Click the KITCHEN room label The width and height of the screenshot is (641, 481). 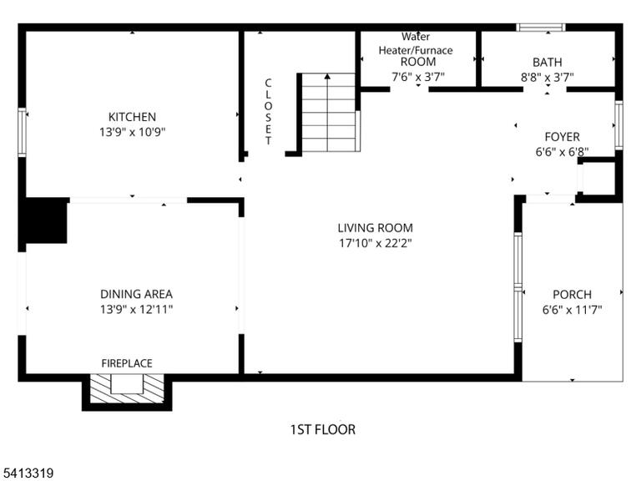[x=132, y=117]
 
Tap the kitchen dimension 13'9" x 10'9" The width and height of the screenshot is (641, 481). [x=132, y=132]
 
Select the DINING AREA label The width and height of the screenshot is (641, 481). [x=136, y=294]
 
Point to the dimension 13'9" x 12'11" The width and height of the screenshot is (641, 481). [x=136, y=309]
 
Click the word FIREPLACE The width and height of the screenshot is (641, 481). [x=127, y=363]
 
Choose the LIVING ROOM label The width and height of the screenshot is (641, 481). [x=376, y=228]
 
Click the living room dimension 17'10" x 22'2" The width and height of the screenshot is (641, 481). [x=376, y=243]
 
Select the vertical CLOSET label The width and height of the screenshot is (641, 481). [x=268, y=112]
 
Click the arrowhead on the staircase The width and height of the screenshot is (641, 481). [x=327, y=76]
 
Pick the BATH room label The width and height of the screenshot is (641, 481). [x=547, y=62]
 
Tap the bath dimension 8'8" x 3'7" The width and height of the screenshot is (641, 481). [x=547, y=78]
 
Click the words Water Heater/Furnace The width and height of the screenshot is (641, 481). [x=416, y=43]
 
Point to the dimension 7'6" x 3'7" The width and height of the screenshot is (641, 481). [x=418, y=77]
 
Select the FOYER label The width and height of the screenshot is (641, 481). [x=562, y=137]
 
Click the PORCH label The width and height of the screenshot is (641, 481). [x=572, y=295]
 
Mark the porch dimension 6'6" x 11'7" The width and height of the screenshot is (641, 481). [x=572, y=310]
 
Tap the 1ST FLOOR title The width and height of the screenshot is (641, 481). [x=322, y=429]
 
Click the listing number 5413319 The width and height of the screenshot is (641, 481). [x=27, y=473]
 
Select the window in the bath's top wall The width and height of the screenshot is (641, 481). [x=541, y=28]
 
